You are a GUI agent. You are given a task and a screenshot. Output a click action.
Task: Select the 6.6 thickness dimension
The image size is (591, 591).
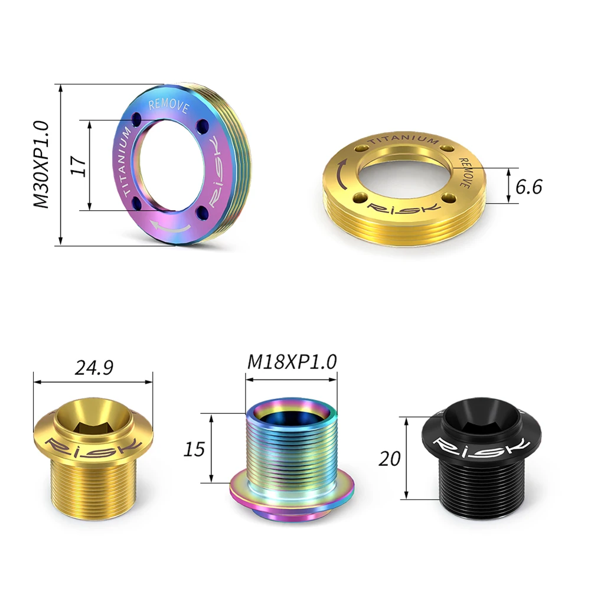pyautogui.click(x=528, y=186)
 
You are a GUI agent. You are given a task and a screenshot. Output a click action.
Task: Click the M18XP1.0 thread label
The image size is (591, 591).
pyautogui.click(x=292, y=361)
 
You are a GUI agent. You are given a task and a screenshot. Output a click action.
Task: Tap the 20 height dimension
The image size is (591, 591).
pyautogui.click(x=391, y=458)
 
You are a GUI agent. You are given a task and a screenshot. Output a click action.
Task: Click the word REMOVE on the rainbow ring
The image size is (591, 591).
pyautogui.click(x=168, y=106)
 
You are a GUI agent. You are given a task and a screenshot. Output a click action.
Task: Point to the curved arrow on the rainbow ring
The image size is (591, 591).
pyautogui.click(x=171, y=226)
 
